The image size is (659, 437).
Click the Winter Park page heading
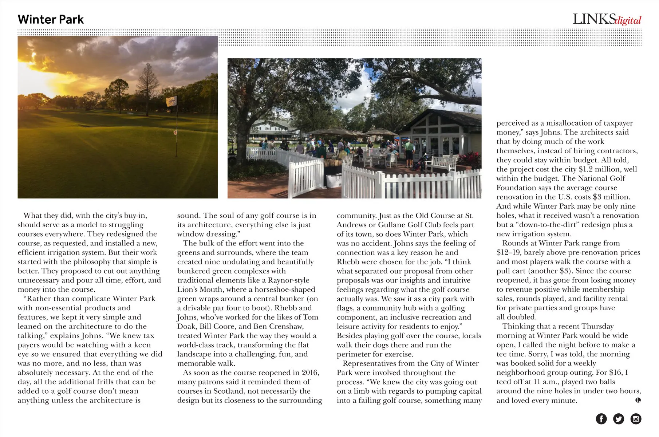(51, 19)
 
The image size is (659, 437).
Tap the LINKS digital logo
(607, 19)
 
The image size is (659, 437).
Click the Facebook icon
(601, 419)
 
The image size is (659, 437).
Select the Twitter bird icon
(618, 419)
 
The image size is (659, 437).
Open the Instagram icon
(636, 419)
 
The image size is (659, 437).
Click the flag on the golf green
(171, 101)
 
